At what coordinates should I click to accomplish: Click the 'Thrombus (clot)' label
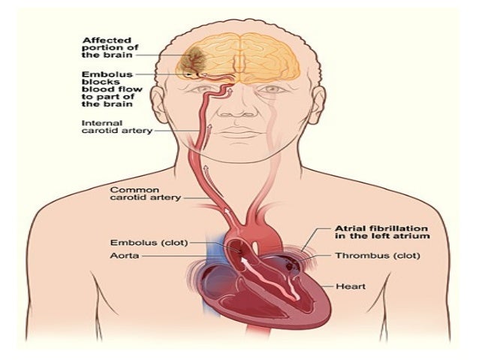(x=367, y=256)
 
